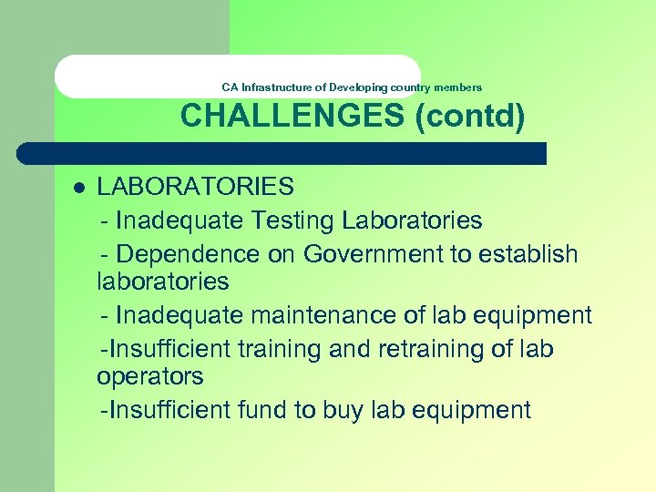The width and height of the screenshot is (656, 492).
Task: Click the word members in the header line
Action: click(x=458, y=87)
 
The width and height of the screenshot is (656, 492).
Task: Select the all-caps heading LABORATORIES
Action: click(x=195, y=187)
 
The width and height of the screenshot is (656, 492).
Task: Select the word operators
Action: click(x=149, y=376)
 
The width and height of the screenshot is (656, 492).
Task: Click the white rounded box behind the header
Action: click(x=137, y=77)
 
